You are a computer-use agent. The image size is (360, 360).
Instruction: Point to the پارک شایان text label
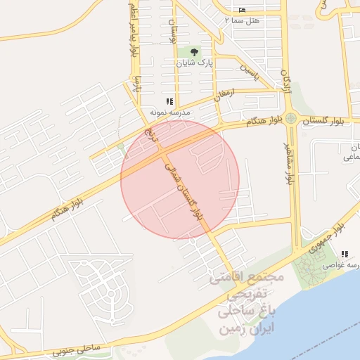pos(195,63)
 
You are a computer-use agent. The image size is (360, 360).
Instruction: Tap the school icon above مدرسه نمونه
pos(169,101)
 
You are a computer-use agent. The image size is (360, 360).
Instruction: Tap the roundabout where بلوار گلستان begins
pos(290,118)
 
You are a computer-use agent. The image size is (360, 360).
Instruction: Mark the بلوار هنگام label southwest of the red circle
pos(65,206)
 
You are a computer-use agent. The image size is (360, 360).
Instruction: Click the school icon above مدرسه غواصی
pos(344,255)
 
